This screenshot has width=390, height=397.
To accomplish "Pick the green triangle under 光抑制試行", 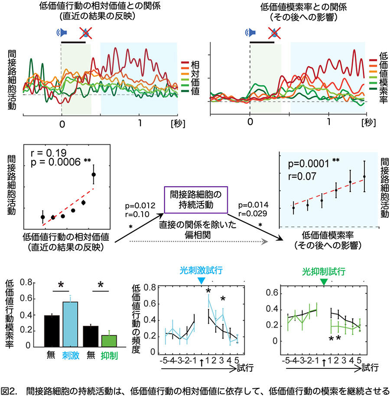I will pyautogui.click(x=324, y=282).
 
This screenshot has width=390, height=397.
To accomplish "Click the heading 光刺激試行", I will pyautogui.click(x=200, y=271).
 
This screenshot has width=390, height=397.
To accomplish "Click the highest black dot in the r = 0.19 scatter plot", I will pyautogui.click(x=94, y=174).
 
